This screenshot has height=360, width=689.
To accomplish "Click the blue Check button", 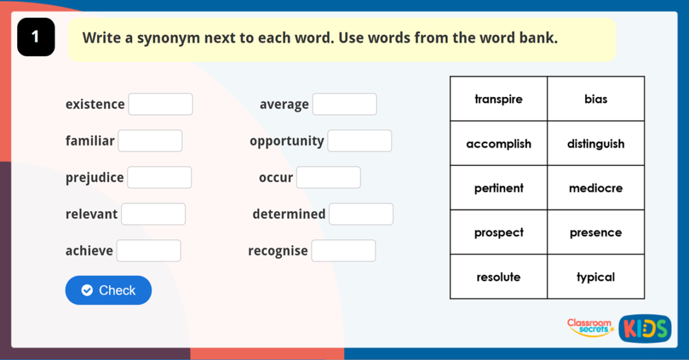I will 108,290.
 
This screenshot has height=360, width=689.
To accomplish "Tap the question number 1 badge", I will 36,37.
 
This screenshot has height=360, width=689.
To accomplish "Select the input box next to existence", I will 160,104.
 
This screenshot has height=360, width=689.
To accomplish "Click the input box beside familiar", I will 150,140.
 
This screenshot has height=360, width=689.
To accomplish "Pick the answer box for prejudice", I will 159,177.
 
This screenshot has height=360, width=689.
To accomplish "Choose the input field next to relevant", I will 153,214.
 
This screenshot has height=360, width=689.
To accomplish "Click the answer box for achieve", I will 149,251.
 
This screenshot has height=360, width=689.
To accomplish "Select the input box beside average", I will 344,104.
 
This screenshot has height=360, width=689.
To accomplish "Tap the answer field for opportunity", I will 360,140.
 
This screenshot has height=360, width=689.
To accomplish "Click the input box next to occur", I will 329,177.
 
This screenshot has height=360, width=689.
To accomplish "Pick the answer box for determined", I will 361,214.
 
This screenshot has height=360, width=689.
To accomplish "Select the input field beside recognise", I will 343,251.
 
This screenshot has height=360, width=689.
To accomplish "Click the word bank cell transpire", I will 498,99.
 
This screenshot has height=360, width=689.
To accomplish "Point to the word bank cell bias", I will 596,99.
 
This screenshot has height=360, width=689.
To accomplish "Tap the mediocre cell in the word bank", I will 596,188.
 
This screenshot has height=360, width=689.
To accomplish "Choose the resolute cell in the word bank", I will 498,277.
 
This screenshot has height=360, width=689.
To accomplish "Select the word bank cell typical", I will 596,277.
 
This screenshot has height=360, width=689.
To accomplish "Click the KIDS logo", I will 644,329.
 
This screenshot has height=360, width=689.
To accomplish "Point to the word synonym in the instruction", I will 168,38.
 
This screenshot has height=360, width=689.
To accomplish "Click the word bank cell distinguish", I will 596,144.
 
